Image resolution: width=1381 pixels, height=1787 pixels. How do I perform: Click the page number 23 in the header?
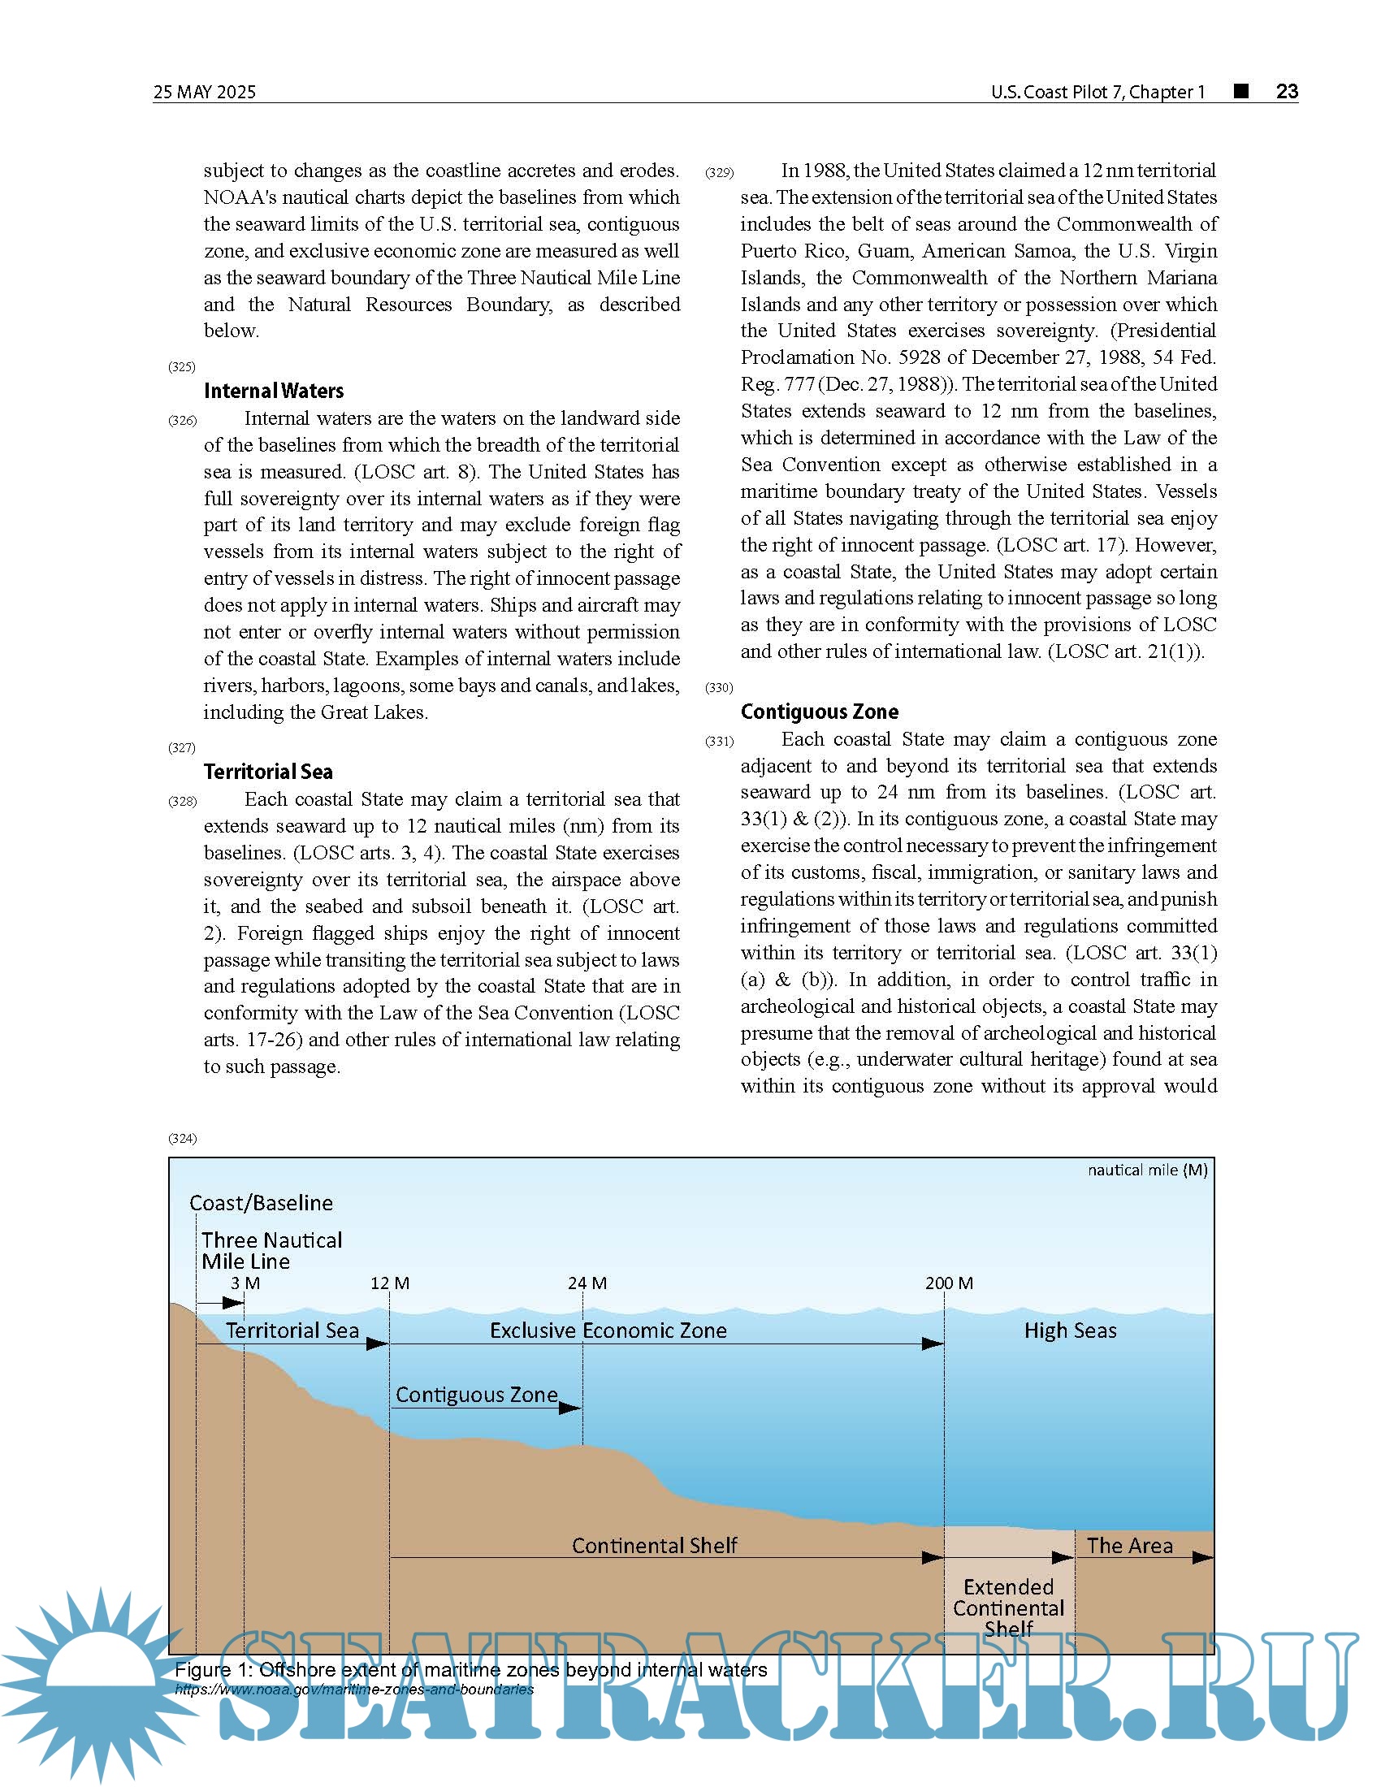(1287, 91)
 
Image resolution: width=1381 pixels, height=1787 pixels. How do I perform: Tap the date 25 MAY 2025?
(205, 92)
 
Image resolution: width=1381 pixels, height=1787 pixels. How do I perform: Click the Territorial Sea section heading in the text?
(267, 772)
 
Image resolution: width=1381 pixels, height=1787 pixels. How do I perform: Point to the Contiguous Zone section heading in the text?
(819, 711)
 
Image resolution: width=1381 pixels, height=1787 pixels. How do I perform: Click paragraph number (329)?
(719, 173)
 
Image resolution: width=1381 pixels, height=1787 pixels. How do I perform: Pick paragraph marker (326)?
(183, 421)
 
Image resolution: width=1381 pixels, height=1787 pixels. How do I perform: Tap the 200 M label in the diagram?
(949, 1283)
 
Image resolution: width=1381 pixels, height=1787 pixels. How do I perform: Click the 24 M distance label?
(587, 1283)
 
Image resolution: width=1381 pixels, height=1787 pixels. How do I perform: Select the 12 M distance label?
(389, 1283)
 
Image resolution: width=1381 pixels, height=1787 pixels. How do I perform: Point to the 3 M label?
(245, 1283)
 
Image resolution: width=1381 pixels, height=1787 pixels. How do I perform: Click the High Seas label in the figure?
(1070, 1331)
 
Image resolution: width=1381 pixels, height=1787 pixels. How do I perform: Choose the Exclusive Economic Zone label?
(608, 1331)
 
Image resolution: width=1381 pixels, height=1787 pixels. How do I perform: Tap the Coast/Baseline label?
(261, 1203)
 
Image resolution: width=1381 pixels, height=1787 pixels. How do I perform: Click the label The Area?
(1129, 1546)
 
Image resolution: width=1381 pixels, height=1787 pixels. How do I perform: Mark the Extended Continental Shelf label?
(1008, 1607)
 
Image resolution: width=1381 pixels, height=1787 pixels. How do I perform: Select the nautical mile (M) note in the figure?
(1147, 1170)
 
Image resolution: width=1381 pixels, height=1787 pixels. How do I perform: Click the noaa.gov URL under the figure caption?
(354, 1689)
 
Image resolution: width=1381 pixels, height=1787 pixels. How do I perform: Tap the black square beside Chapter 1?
(1241, 91)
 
